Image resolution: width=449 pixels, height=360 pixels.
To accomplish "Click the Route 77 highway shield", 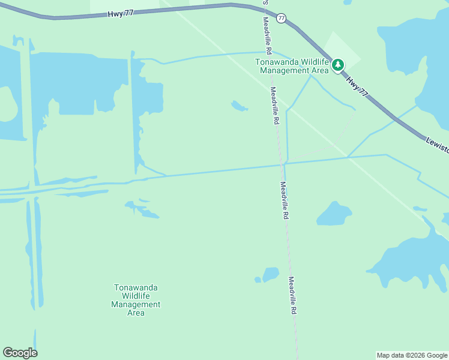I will (281, 19).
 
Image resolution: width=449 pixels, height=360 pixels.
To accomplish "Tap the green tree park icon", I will (338, 65).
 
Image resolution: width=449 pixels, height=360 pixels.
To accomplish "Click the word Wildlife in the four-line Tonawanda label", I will (136, 296).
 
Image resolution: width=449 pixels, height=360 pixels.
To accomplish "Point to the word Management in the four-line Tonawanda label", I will (136, 304).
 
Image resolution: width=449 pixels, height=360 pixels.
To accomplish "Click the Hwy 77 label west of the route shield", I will (121, 13).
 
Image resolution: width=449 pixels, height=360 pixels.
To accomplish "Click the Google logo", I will (20, 353).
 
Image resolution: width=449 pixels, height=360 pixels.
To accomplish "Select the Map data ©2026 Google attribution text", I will (412, 355).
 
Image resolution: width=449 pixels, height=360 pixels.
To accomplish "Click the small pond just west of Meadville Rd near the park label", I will (239, 106).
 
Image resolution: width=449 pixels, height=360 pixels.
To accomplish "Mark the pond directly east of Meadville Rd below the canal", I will (334, 214).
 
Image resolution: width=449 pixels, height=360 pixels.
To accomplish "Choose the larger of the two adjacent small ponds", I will (271, 274).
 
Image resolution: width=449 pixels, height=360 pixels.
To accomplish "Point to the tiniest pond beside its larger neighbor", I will (258, 280).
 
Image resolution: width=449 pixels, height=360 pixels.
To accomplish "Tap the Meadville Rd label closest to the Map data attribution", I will (293, 296).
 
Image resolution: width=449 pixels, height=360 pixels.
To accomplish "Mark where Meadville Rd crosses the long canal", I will (282, 164).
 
